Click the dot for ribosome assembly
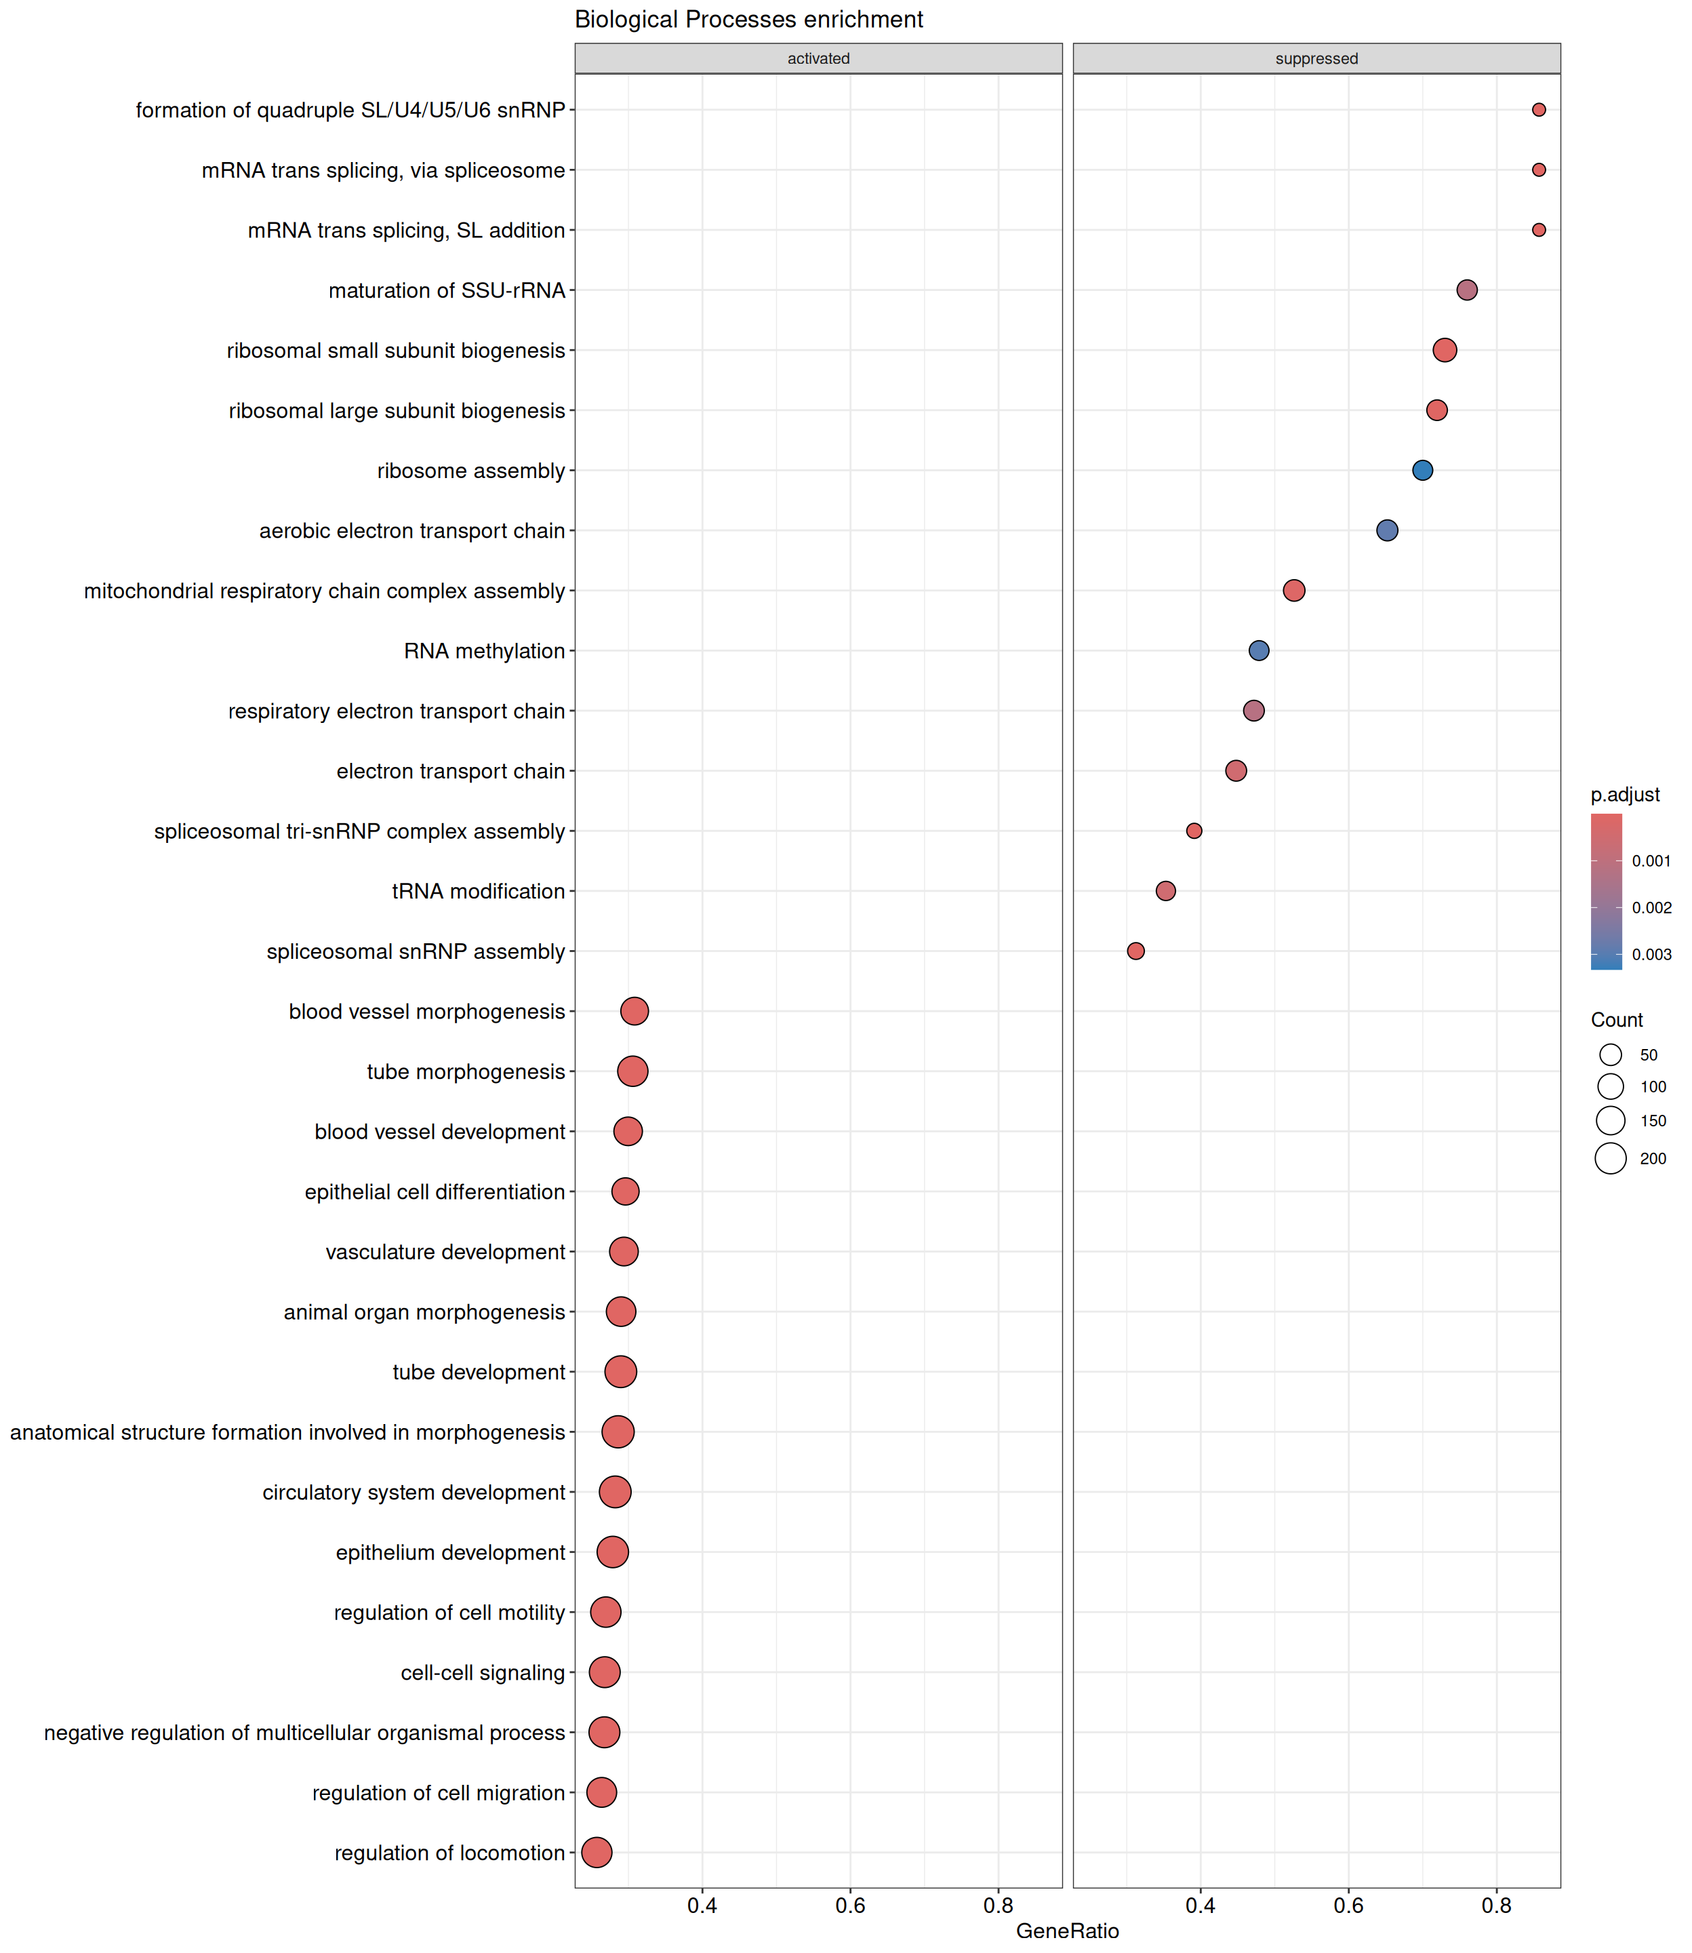(x=1422, y=471)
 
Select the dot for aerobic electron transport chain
(x=1386, y=531)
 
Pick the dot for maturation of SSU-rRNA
(x=1466, y=290)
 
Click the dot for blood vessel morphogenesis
(x=634, y=1012)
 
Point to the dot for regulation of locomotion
(x=597, y=1852)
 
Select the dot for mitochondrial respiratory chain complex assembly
(x=1293, y=590)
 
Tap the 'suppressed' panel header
(x=1316, y=58)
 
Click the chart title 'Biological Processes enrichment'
(x=749, y=20)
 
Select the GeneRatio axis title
(x=1067, y=1931)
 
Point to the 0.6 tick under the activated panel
(x=850, y=1905)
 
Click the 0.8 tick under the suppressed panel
(x=1497, y=1905)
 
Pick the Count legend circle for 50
(x=1611, y=1055)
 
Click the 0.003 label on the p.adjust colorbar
(x=1651, y=955)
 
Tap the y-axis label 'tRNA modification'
(x=478, y=892)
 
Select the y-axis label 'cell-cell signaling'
(x=483, y=1672)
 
